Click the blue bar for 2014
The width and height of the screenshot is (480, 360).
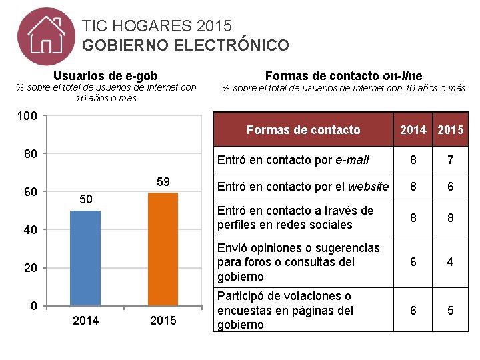85,258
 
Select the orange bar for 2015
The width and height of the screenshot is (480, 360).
163,249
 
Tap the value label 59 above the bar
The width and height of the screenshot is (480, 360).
163,181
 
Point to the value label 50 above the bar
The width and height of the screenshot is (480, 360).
85,199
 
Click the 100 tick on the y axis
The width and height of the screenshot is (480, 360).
27,117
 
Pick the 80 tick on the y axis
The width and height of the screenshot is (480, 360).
31,154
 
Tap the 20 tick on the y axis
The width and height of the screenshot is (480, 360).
31,268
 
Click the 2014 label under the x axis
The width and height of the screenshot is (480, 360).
85,321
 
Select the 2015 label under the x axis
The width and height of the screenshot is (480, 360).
163,321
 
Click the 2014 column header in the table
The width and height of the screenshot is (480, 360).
413,130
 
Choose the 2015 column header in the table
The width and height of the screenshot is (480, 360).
450,130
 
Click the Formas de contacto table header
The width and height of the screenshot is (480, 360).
303,130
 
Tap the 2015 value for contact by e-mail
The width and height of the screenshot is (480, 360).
450,160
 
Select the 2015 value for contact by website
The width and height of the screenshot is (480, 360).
450,187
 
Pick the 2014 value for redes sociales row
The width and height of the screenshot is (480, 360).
413,218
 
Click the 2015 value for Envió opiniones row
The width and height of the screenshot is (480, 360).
450,262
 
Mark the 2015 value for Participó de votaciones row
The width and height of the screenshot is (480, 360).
450,310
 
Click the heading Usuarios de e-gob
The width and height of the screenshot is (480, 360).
105,76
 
